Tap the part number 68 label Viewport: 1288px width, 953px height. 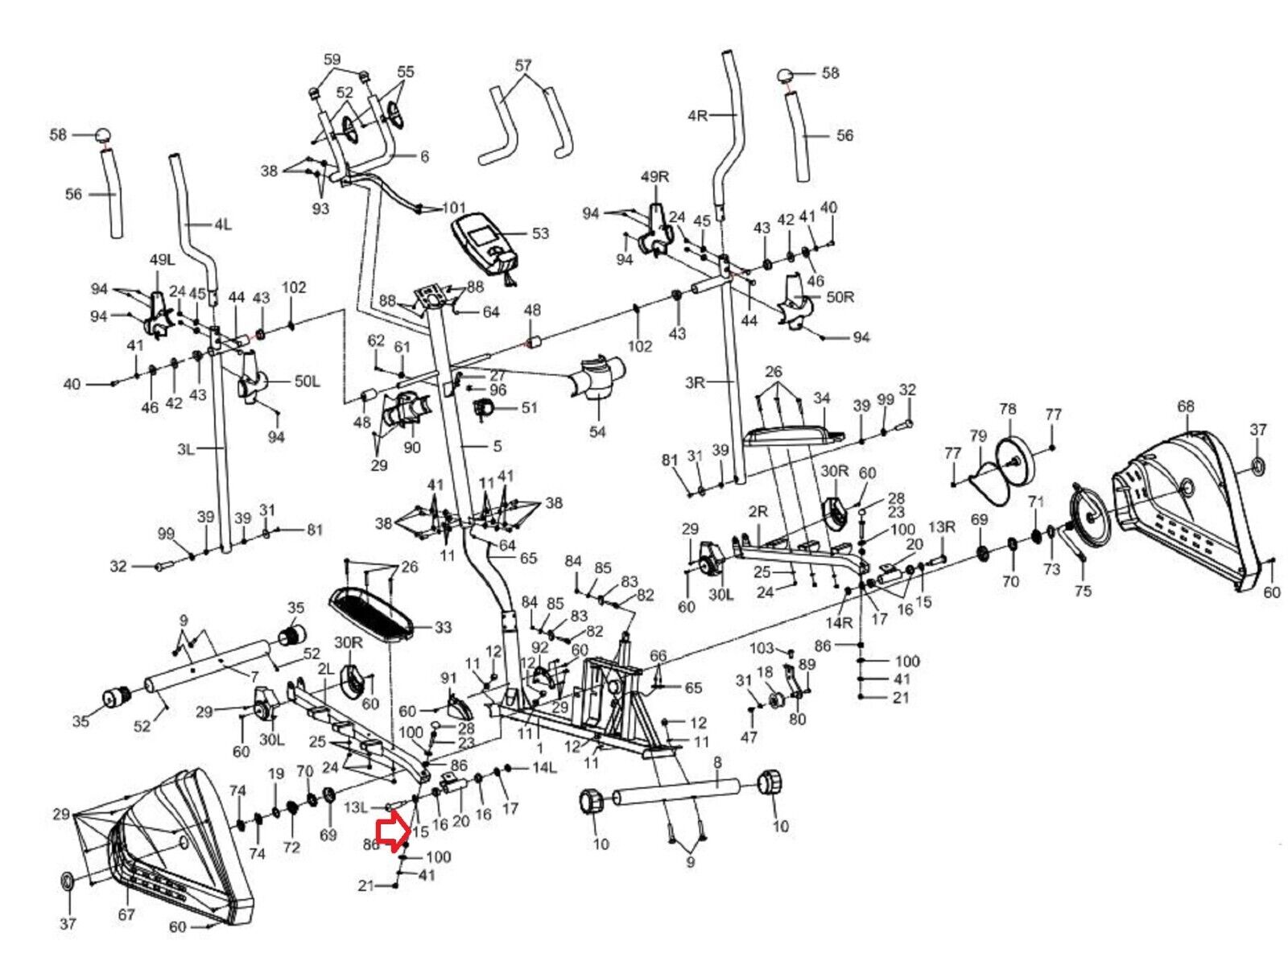(x=1185, y=407)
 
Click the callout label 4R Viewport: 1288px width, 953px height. (x=697, y=115)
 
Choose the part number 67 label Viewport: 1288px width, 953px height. (x=126, y=914)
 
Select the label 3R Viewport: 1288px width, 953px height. (x=695, y=383)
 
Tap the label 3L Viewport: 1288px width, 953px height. (x=186, y=449)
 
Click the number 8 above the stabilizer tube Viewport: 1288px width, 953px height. (x=717, y=761)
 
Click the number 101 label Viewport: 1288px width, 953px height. (x=454, y=208)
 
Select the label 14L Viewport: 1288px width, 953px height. (x=545, y=768)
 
